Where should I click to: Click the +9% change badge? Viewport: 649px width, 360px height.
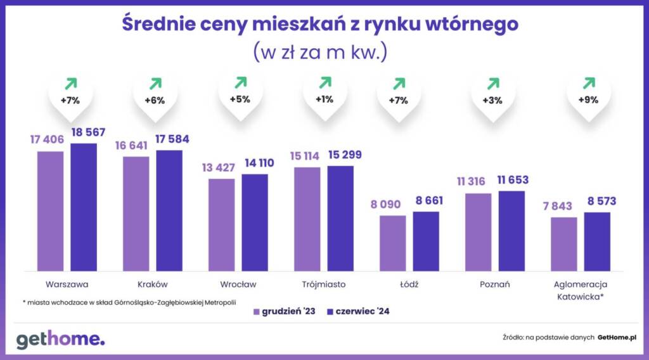click(x=589, y=100)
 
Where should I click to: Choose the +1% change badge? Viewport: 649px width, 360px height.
click(x=325, y=100)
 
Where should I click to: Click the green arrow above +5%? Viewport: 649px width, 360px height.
click(x=240, y=83)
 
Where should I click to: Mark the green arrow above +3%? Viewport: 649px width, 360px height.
click(x=493, y=83)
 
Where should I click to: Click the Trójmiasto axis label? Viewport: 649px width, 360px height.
click(x=324, y=284)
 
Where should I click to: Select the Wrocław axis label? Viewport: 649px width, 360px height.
click(x=238, y=284)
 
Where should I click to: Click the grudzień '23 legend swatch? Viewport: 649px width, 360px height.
click(x=257, y=312)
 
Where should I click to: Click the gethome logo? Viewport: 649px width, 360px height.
click(x=60, y=339)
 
